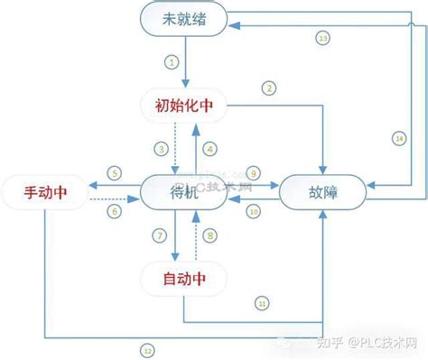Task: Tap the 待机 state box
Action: [x=184, y=191]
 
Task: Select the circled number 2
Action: [x=268, y=88]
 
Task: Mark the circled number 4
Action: [x=210, y=148]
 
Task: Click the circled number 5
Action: [x=114, y=171]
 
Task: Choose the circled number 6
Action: [x=114, y=210]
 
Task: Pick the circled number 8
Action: [x=210, y=235]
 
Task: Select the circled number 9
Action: [x=254, y=172]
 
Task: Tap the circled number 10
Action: [x=254, y=211]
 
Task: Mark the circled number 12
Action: [x=146, y=349]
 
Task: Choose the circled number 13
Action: [x=323, y=38]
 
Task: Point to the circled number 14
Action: [x=399, y=137]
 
